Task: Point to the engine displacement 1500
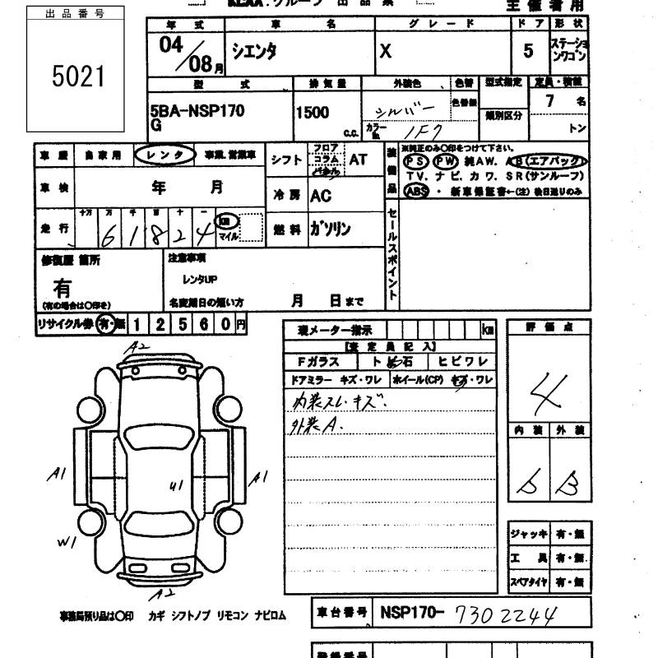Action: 313,112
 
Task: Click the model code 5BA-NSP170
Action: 197,111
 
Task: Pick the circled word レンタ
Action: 165,154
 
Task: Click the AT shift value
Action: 358,160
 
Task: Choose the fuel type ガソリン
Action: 331,229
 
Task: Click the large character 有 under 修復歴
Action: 63,289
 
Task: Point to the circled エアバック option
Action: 556,160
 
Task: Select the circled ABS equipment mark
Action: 418,191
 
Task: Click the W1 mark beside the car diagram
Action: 65,543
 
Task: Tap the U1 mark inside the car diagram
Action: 174,485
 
